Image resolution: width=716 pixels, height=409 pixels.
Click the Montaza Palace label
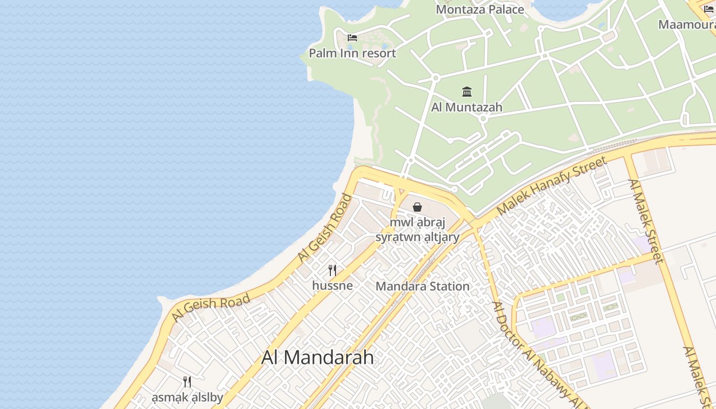click(x=480, y=9)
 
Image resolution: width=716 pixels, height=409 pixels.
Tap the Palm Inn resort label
click(x=352, y=53)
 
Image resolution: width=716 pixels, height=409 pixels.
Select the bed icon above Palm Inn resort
click(x=352, y=37)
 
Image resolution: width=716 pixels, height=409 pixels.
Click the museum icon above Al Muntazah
click(x=467, y=92)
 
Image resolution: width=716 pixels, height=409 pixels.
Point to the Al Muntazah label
click(x=467, y=107)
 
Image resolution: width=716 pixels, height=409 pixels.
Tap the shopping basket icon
click(x=417, y=207)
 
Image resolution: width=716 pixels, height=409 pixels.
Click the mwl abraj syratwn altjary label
click(x=418, y=230)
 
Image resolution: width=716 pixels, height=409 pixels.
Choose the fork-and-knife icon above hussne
click(x=332, y=270)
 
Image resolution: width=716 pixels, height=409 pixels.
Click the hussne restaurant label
click(x=332, y=285)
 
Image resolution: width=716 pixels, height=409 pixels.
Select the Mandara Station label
click(x=422, y=286)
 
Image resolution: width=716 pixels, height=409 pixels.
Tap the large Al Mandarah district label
click(x=318, y=357)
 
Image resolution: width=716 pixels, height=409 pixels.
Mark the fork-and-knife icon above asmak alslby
click(x=187, y=381)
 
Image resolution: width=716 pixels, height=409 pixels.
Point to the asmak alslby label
click(x=187, y=398)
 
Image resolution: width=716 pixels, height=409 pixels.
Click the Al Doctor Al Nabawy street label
click(x=537, y=353)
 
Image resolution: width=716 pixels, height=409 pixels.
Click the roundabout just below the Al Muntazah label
click(x=483, y=119)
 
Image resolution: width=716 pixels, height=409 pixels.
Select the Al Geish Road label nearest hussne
click(x=325, y=229)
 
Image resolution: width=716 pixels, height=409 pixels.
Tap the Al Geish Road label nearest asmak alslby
click(x=211, y=308)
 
